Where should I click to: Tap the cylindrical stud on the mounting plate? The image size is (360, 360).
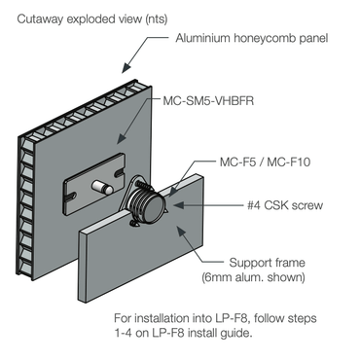pyautogui.click(x=99, y=184)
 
